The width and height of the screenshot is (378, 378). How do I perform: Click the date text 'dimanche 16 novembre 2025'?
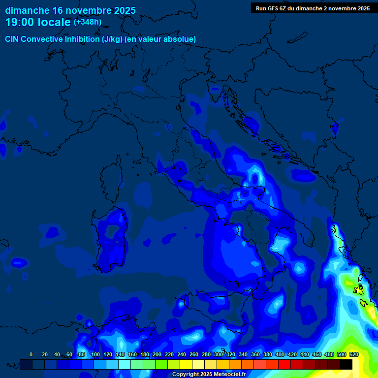tap(70, 10)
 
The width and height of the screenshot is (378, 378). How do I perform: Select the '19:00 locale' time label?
tap(38, 22)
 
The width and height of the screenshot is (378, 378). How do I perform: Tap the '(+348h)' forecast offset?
tap(88, 22)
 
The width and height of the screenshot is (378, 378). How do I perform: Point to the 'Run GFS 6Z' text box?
tap(313, 8)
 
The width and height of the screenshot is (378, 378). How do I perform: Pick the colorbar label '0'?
tap(31, 354)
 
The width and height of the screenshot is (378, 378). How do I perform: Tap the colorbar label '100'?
tap(95, 354)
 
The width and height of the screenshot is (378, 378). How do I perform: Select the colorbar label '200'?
tap(157, 354)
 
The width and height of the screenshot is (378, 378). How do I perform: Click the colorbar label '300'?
tap(219, 354)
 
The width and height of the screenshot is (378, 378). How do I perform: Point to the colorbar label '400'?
tap(280, 354)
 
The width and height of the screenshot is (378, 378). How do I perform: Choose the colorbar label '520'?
tap(353, 354)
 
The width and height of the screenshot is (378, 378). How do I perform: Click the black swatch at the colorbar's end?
tap(346, 364)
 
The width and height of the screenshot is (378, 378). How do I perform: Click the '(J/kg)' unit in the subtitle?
tap(114, 39)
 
